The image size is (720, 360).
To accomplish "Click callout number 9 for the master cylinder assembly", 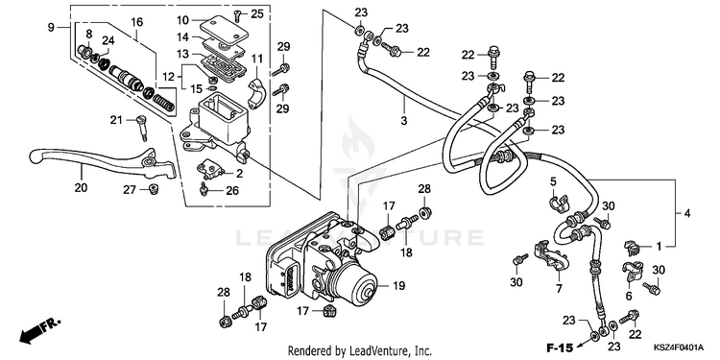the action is pos(51,27).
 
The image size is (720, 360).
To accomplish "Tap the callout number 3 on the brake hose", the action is pos(404,121).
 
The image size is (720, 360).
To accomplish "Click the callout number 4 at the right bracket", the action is pos(687,213).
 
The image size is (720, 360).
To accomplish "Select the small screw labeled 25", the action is pos(237,16).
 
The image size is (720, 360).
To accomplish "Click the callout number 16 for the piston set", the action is pos(137,21).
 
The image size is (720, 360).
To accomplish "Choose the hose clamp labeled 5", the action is pos(558,204).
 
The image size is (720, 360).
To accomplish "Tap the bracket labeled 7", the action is pos(550,253).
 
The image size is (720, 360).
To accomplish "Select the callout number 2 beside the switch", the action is pos(240,174).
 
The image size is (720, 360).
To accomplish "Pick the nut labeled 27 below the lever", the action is pos(154,189).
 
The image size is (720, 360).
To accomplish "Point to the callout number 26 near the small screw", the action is pos(232,190).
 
